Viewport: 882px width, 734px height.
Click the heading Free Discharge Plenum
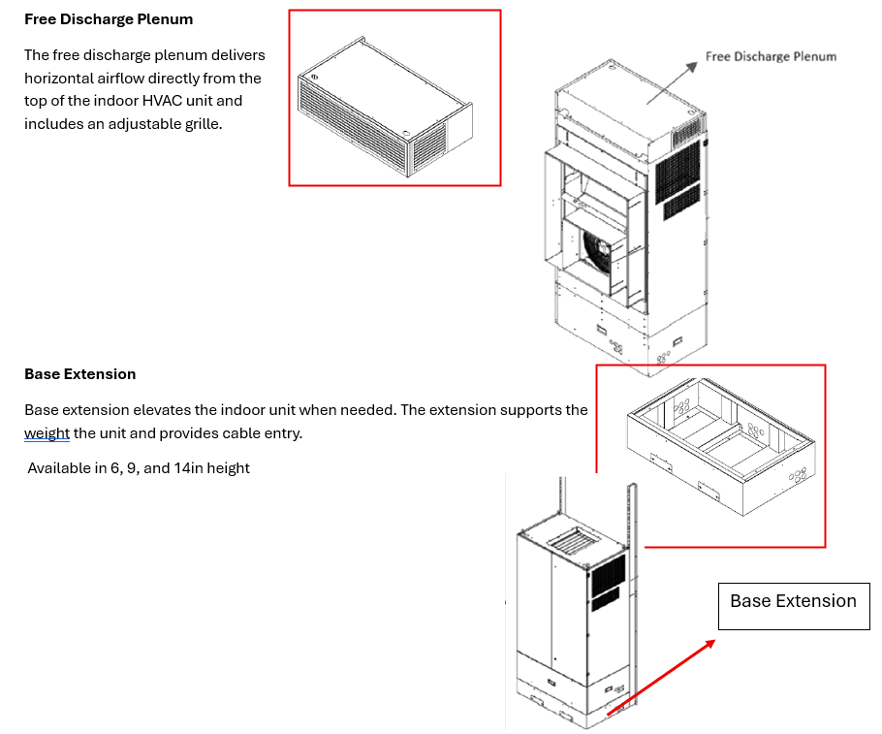(x=109, y=19)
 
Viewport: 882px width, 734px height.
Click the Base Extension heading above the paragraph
(x=80, y=374)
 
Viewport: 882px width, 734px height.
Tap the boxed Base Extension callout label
(x=793, y=602)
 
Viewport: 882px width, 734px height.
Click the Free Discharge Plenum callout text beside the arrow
(x=771, y=56)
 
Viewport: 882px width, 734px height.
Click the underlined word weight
(x=47, y=433)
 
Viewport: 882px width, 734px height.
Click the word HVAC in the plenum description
(x=166, y=101)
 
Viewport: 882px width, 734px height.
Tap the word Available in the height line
(x=60, y=468)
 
